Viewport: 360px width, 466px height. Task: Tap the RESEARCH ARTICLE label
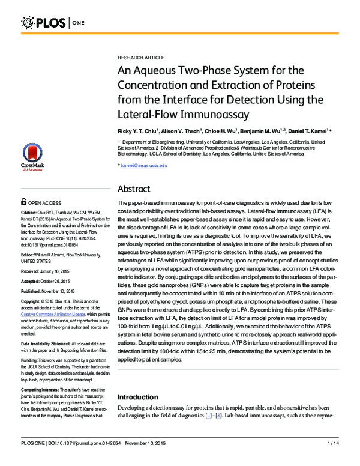[x=140, y=57]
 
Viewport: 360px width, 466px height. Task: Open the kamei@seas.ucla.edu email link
[x=143, y=165]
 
